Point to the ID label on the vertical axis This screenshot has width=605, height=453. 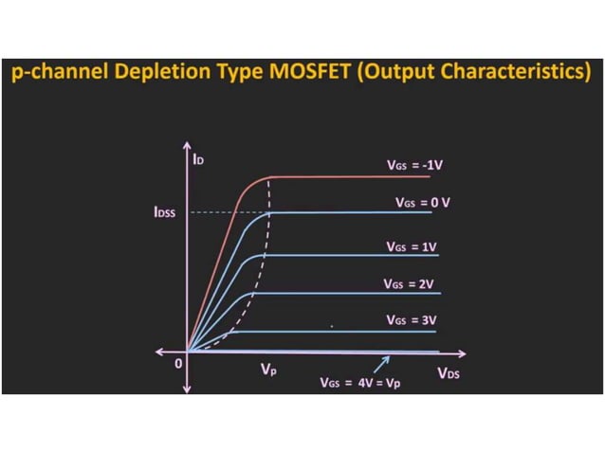click(x=199, y=160)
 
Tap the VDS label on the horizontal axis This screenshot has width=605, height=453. click(x=449, y=373)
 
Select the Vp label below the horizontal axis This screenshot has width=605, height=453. click(x=269, y=371)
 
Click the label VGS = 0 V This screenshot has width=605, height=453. click(x=422, y=203)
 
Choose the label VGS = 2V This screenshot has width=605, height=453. click(x=410, y=283)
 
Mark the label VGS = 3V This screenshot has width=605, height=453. click(x=412, y=320)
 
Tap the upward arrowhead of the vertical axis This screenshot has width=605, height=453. click(x=189, y=148)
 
